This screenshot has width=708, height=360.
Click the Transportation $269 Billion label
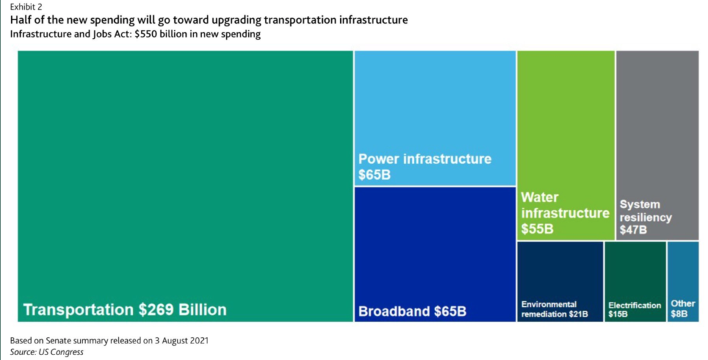click(x=124, y=309)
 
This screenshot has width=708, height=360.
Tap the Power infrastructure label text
click(x=425, y=159)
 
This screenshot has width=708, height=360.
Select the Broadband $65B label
click(x=412, y=311)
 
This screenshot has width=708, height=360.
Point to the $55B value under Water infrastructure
click(x=537, y=229)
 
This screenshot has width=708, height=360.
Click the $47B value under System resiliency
click(x=633, y=230)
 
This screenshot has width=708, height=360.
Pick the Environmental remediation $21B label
click(x=555, y=309)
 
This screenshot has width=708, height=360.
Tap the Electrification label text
click(x=635, y=305)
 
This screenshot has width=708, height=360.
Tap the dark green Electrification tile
click(x=635, y=266)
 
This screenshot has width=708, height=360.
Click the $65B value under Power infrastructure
click(x=374, y=175)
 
